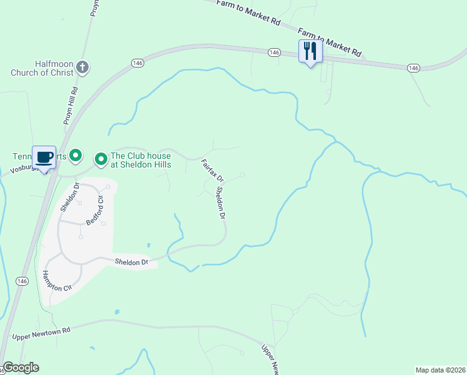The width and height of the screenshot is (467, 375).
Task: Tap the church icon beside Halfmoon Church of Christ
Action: pos(84,66)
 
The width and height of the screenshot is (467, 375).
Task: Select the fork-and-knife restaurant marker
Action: pos(310,51)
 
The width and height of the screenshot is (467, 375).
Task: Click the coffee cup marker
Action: pos(44,157)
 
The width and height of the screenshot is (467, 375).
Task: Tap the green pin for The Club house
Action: pos(101,160)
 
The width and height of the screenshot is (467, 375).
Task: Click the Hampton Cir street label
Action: pos(58,282)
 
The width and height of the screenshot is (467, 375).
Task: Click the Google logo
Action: pos(21,367)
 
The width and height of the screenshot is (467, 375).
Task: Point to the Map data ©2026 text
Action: pos(440,369)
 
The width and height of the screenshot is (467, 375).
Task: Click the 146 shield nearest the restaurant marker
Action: pos(274,53)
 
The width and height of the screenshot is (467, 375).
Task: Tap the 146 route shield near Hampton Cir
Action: pos(22,281)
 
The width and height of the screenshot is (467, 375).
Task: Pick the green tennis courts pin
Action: pos(76,154)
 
